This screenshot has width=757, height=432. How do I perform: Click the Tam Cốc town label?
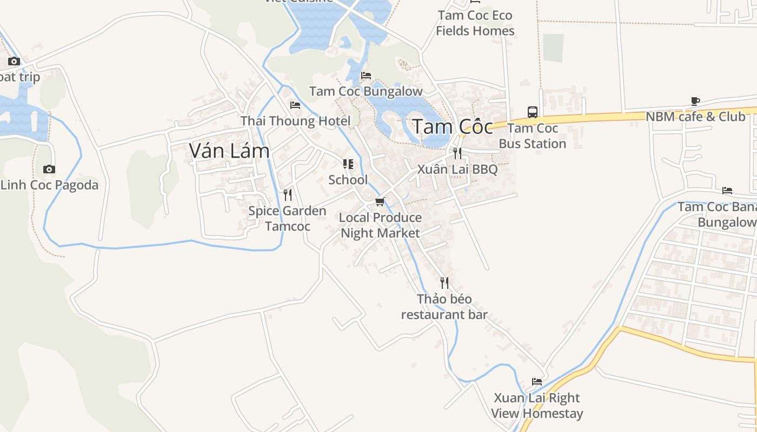pyautogui.click(x=453, y=127)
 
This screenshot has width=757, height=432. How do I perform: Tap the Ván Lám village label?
pyautogui.click(x=229, y=151)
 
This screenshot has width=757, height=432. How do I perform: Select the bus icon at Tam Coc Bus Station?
pyautogui.click(x=533, y=112)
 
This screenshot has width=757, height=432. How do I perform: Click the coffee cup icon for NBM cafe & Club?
pyautogui.click(x=695, y=101)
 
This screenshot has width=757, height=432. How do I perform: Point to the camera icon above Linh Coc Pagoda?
pyautogui.click(x=49, y=170)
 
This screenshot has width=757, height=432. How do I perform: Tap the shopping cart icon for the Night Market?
pyautogui.click(x=380, y=202)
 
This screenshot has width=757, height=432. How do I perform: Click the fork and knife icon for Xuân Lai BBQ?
pyautogui.click(x=457, y=153)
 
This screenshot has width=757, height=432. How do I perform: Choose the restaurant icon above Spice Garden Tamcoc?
pyautogui.click(x=288, y=194)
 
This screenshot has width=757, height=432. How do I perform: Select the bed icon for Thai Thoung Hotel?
pyautogui.click(x=295, y=105)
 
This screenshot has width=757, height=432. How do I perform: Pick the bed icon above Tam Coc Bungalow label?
pyautogui.click(x=366, y=76)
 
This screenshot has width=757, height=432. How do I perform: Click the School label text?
pyautogui.click(x=348, y=180)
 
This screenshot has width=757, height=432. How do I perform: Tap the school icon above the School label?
pyautogui.click(x=348, y=164)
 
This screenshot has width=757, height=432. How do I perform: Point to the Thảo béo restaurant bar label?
pyautogui.click(x=444, y=307)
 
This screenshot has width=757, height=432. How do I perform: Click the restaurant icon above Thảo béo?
pyautogui.click(x=444, y=283)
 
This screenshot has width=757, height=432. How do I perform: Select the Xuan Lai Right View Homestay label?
pyautogui.click(x=537, y=406)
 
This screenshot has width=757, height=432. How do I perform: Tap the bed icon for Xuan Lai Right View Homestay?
pyautogui.click(x=537, y=382)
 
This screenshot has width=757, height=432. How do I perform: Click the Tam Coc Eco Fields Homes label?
pyautogui.click(x=475, y=23)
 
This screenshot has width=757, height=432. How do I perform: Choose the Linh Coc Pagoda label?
pyautogui.click(x=50, y=185)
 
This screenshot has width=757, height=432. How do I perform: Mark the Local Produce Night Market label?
pyautogui.click(x=380, y=225)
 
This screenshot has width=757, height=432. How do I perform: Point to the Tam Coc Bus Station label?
pyautogui.click(x=533, y=136)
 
